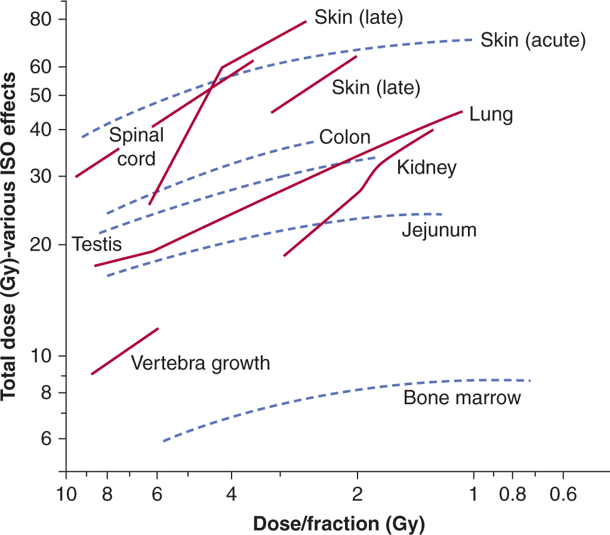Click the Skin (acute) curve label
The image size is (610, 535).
(532, 41)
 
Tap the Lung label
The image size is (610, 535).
(491, 114)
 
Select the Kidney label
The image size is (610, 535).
(427, 168)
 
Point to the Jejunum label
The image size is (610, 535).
(439, 230)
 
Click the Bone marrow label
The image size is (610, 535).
(462, 398)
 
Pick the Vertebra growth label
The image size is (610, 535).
(200, 363)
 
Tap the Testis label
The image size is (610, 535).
(97, 244)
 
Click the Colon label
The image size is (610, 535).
(344, 137)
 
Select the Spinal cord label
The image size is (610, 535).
(137, 147)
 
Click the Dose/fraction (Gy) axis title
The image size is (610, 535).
(338, 524)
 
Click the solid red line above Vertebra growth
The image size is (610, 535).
(125, 351)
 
